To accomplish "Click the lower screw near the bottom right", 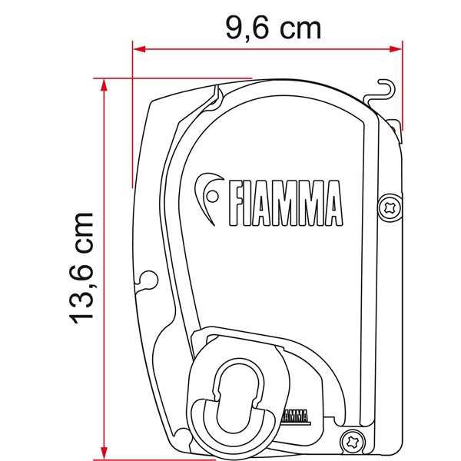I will tap(353, 440).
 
